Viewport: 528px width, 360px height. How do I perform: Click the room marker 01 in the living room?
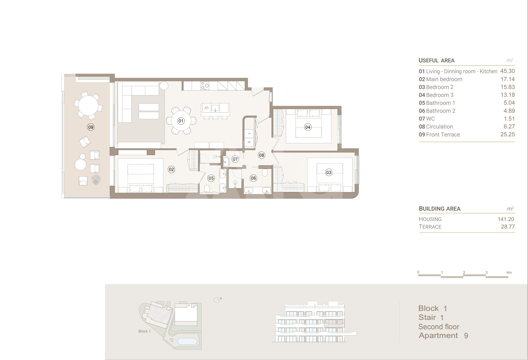pyautogui.click(x=181, y=121)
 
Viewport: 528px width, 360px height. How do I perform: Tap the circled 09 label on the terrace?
pyautogui.click(x=91, y=127)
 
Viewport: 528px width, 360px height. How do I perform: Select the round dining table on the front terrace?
pyautogui.click(x=88, y=106)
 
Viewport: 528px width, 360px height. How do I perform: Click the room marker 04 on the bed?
pyautogui.click(x=308, y=127)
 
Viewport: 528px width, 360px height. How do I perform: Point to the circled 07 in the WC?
pyautogui.click(x=235, y=159)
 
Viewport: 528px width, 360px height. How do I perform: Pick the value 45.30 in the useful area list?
pyautogui.click(x=507, y=71)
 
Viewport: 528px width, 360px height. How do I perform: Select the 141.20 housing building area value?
pyautogui.click(x=506, y=219)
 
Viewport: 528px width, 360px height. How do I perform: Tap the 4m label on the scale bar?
pyautogui.click(x=509, y=273)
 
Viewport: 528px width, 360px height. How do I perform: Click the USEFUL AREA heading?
pyautogui.click(x=436, y=60)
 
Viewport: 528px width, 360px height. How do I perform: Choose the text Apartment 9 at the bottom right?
pyautogui.click(x=444, y=336)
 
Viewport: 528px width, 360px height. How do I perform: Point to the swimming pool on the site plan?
pyautogui.click(x=187, y=341)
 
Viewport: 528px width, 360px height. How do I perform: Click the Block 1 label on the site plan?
pyautogui.click(x=145, y=331)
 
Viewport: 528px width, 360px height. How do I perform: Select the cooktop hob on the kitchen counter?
pyautogui.click(x=205, y=86)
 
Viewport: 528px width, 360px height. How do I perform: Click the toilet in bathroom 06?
pyautogui.click(x=265, y=172)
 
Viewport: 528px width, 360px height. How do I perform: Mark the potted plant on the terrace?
pyautogui.click(x=96, y=180)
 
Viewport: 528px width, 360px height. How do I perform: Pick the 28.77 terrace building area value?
pyautogui.click(x=508, y=227)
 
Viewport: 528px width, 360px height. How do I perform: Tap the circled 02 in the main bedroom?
pyautogui.click(x=171, y=169)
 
